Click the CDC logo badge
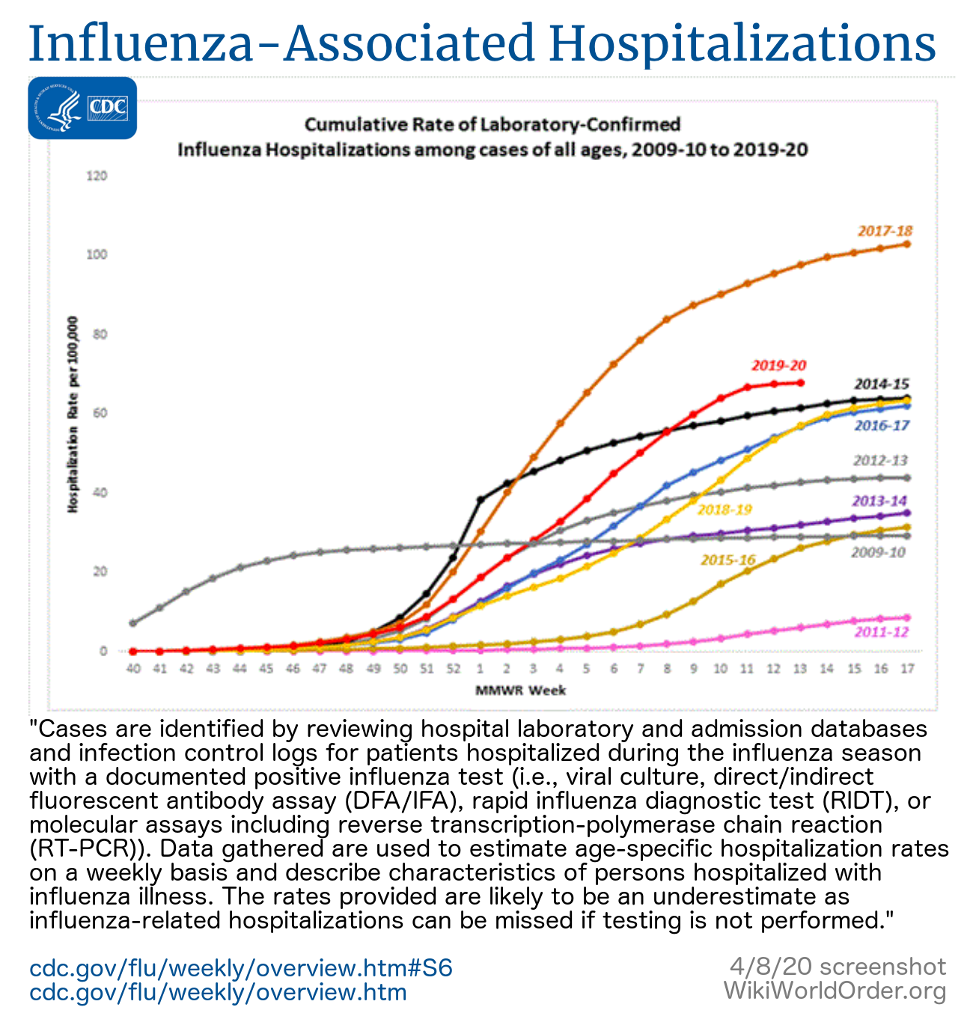[x=82, y=108]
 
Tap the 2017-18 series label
[x=885, y=231]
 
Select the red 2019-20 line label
[x=778, y=366]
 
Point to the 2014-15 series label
[x=882, y=385]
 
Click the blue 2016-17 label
[x=882, y=426]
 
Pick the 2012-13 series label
[x=880, y=461]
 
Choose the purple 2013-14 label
[x=879, y=501]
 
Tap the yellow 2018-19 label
[x=725, y=510]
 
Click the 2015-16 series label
[x=728, y=560]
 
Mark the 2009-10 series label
[x=878, y=553]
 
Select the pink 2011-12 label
[x=881, y=632]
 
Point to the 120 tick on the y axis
[x=97, y=176]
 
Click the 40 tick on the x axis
[x=133, y=668]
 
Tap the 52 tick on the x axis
[x=453, y=668]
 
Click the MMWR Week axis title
[x=520, y=690]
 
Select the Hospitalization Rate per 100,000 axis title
[x=73, y=413]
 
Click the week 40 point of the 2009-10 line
[x=133, y=622]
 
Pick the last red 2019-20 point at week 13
[x=800, y=382]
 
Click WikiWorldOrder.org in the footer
[x=835, y=992]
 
